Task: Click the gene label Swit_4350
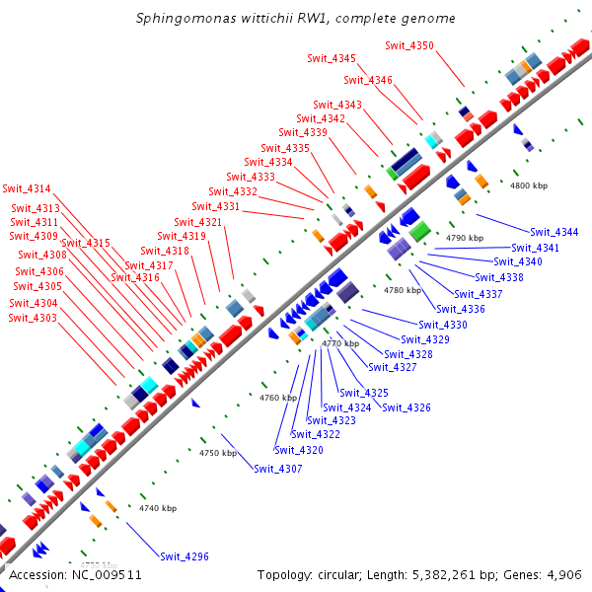click(408, 45)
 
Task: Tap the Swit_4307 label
click(277, 469)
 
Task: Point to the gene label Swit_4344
click(554, 232)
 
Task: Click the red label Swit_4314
click(27, 188)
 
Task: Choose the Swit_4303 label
click(33, 318)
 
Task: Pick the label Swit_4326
click(406, 407)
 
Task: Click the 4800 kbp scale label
click(528, 185)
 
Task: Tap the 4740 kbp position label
click(158, 508)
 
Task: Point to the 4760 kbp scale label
click(277, 398)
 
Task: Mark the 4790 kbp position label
click(465, 238)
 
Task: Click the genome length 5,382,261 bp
click(447, 575)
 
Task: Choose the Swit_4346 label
click(367, 80)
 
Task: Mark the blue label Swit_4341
click(535, 248)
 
